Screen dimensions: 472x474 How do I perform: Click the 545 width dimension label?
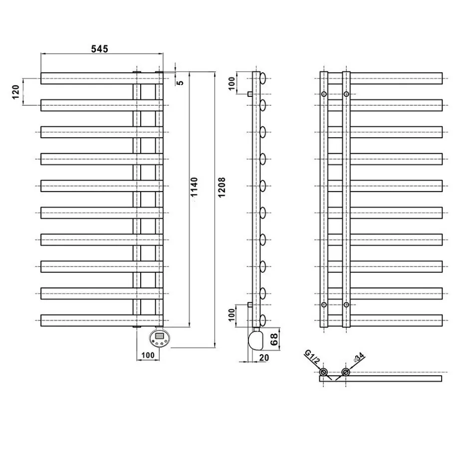pyautogui.click(x=100, y=48)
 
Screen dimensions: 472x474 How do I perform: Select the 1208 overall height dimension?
pyautogui.click(x=222, y=187)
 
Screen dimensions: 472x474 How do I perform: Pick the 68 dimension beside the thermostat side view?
pyautogui.click(x=274, y=340)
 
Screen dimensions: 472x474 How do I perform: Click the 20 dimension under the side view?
pyautogui.click(x=264, y=357)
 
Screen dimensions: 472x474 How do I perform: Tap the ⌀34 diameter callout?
pyautogui.click(x=359, y=358)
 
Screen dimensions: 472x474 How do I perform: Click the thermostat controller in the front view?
pyautogui.click(x=160, y=339)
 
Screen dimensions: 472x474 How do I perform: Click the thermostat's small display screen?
pyautogui.click(x=160, y=335)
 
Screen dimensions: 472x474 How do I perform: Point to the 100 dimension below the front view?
pyautogui.click(x=148, y=355)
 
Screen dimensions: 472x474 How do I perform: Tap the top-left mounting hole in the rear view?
pyautogui.click(x=324, y=94)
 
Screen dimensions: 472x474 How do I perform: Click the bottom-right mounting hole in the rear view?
pyautogui.click(x=346, y=304)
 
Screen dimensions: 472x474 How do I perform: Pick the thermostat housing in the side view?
pyautogui.click(x=257, y=341)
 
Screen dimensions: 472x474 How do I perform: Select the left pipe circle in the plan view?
pyautogui.click(x=324, y=372)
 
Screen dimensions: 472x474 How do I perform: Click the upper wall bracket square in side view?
pyautogui.click(x=249, y=93)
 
